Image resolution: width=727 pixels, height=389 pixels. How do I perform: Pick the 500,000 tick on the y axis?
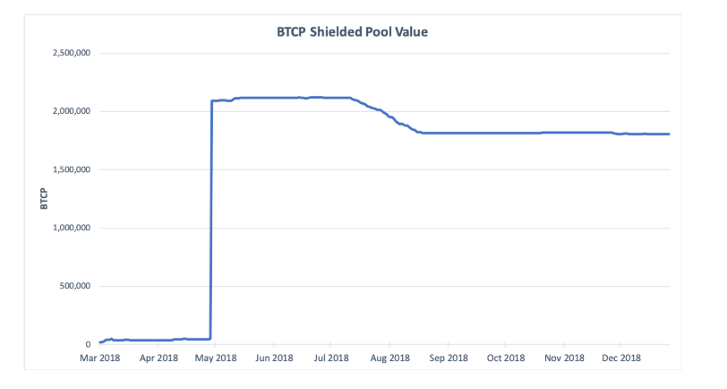(73, 287)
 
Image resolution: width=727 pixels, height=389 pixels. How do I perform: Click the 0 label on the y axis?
(88, 345)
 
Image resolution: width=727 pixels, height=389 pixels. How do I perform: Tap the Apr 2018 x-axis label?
(158, 359)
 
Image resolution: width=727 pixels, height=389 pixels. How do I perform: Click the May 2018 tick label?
(216, 359)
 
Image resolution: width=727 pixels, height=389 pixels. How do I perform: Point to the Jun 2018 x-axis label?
(274, 359)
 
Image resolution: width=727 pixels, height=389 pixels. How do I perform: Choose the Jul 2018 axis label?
(331, 359)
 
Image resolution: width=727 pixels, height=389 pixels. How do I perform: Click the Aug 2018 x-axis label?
(389, 359)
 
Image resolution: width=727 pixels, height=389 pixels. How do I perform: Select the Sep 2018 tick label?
(448, 359)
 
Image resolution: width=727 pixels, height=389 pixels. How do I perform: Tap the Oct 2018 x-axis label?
(506, 359)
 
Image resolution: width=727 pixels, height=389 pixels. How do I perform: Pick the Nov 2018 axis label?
(564, 359)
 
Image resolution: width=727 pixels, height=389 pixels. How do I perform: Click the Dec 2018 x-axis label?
(621, 359)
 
